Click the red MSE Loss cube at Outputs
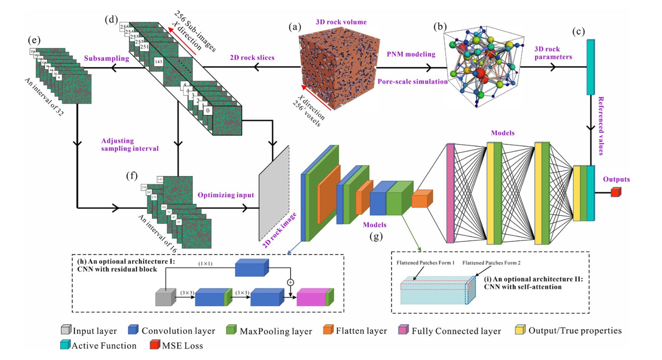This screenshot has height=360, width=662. click(x=616, y=192)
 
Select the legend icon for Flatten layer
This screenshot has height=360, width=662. click(x=328, y=330)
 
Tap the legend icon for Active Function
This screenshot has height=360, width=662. click(x=65, y=344)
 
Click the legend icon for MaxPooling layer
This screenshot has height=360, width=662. click(x=231, y=330)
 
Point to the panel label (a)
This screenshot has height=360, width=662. click(x=295, y=27)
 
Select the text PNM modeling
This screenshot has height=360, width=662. click(x=411, y=54)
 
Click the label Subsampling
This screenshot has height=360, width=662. click(x=106, y=58)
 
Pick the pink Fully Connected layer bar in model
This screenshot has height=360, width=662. click(x=450, y=193)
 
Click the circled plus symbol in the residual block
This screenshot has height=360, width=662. click(x=290, y=282)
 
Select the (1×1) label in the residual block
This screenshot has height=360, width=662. click(x=205, y=264)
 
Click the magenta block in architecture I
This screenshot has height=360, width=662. click(x=311, y=298)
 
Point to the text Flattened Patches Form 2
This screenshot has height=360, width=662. click(x=491, y=263)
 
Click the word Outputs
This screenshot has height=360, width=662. click(x=616, y=179)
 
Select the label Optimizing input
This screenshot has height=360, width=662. click(x=226, y=195)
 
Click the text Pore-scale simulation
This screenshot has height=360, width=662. click(x=412, y=82)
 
